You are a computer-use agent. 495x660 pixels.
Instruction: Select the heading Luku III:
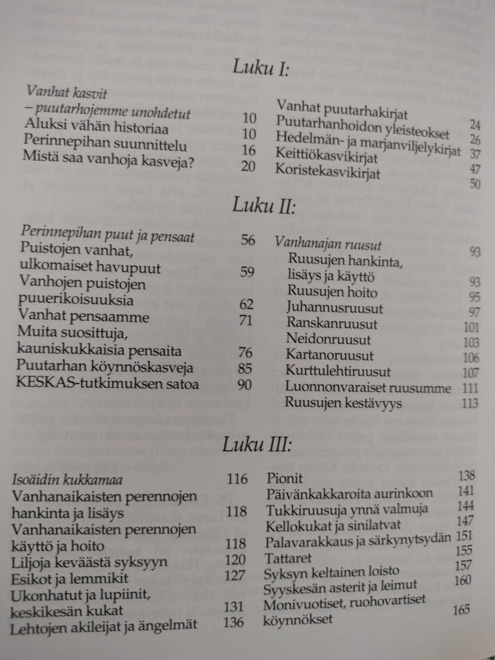pos(257,445)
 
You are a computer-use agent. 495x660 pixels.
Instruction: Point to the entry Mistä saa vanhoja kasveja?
pos(108,156)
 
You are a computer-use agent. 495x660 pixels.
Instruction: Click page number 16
pos(249,150)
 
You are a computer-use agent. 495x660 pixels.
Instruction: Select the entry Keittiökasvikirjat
pos(326,156)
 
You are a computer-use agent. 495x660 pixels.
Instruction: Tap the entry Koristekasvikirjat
pos(327,172)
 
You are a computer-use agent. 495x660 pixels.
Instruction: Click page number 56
pos(247,240)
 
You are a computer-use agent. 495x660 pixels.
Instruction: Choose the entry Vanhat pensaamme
pos(84,318)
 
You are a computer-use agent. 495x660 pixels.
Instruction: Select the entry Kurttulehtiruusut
pos(338,372)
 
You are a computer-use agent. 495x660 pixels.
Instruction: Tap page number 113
pos(470,403)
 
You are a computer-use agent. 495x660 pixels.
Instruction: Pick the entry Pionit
pos(284,479)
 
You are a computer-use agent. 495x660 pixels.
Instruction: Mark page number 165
pos(461,609)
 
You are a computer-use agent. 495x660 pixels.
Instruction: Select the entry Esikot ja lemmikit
pos(71,577)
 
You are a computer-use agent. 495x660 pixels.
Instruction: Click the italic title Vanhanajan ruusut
pos(328,244)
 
